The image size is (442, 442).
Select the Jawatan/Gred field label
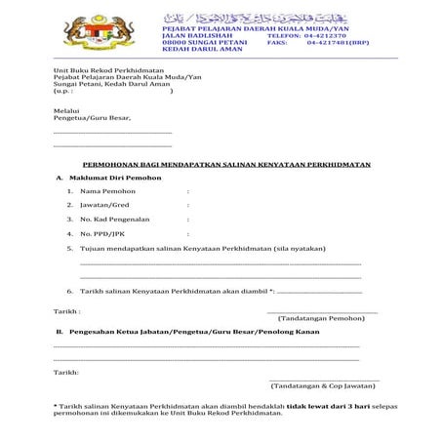(105, 206)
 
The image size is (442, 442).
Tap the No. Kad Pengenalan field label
(116, 221)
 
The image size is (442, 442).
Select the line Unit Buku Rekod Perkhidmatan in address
(106, 70)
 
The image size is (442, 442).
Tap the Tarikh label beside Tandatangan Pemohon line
(66, 310)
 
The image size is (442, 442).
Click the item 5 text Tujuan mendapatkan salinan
(185, 249)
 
